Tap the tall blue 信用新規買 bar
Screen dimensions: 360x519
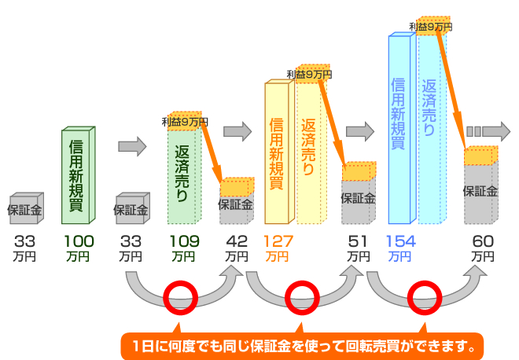(x=399, y=126)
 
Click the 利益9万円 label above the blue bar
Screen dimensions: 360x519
(x=430, y=27)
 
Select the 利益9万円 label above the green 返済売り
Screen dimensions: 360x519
(x=185, y=122)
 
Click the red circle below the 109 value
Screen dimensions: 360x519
(x=179, y=296)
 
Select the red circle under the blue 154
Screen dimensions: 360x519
(x=425, y=296)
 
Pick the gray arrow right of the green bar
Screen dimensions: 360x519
(x=132, y=146)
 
